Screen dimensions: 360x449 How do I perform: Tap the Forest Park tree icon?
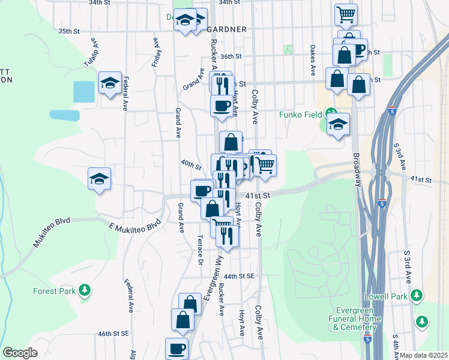pyautogui.click(x=85, y=291)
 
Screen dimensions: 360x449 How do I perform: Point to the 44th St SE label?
pyautogui.click(x=240, y=276)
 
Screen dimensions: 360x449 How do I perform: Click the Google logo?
pyautogui.click(x=20, y=353)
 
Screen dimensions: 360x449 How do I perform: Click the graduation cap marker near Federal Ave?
pyautogui.click(x=110, y=84)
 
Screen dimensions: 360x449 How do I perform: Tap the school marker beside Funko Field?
pyautogui.click(x=339, y=125)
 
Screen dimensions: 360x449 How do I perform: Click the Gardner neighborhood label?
pyautogui.click(x=227, y=29)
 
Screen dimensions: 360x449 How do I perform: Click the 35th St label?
pyautogui.click(x=70, y=31)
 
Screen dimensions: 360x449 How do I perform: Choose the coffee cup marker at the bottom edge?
pyautogui.click(x=177, y=348)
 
